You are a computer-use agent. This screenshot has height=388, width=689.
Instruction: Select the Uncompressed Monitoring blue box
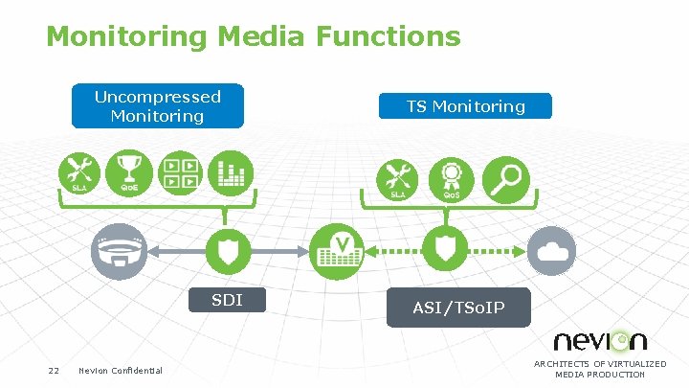(157, 106)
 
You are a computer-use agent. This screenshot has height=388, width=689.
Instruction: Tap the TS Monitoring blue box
(465, 106)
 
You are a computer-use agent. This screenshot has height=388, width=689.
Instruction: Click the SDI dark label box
(227, 301)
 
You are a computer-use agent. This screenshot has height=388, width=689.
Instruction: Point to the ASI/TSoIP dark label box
(458, 308)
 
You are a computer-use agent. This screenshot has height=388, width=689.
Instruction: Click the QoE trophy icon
(130, 172)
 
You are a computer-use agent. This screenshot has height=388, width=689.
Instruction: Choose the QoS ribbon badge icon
(450, 178)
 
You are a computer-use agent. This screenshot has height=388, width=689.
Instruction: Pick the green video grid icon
(180, 172)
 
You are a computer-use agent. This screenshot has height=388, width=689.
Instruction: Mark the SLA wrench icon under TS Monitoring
(397, 178)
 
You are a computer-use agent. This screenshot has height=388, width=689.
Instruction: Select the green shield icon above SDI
(227, 251)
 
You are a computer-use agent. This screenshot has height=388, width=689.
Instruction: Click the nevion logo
(600, 340)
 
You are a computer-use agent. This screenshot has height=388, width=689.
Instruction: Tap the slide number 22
(55, 371)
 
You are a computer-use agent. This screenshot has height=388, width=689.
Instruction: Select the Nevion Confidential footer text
(121, 371)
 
